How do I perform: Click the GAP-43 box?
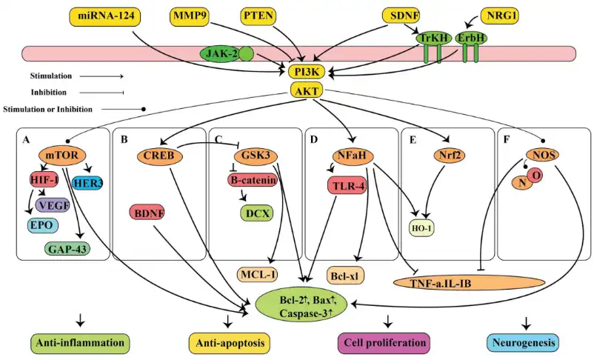(67, 248)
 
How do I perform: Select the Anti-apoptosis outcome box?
(230, 342)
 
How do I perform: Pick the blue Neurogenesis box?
(523, 342)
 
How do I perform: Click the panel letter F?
(505, 138)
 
